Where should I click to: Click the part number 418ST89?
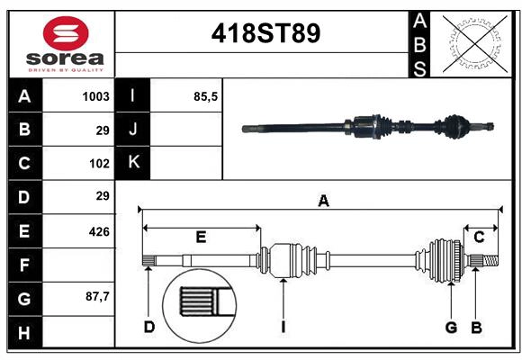(x=265, y=34)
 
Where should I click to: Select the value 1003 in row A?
(x=95, y=96)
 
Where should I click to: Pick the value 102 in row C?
(x=99, y=163)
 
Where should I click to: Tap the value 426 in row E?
(x=99, y=231)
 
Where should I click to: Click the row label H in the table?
(x=24, y=333)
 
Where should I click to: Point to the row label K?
(x=133, y=163)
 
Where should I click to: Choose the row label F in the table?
(x=24, y=265)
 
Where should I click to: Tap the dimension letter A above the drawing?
(x=323, y=202)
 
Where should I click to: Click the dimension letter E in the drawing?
(x=201, y=238)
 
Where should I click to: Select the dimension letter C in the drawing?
(x=480, y=238)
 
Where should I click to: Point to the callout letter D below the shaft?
(x=149, y=327)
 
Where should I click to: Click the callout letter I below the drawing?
(x=283, y=327)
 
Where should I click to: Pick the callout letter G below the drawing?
(x=452, y=327)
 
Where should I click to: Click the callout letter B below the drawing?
(x=476, y=327)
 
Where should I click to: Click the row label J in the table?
(x=133, y=130)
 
